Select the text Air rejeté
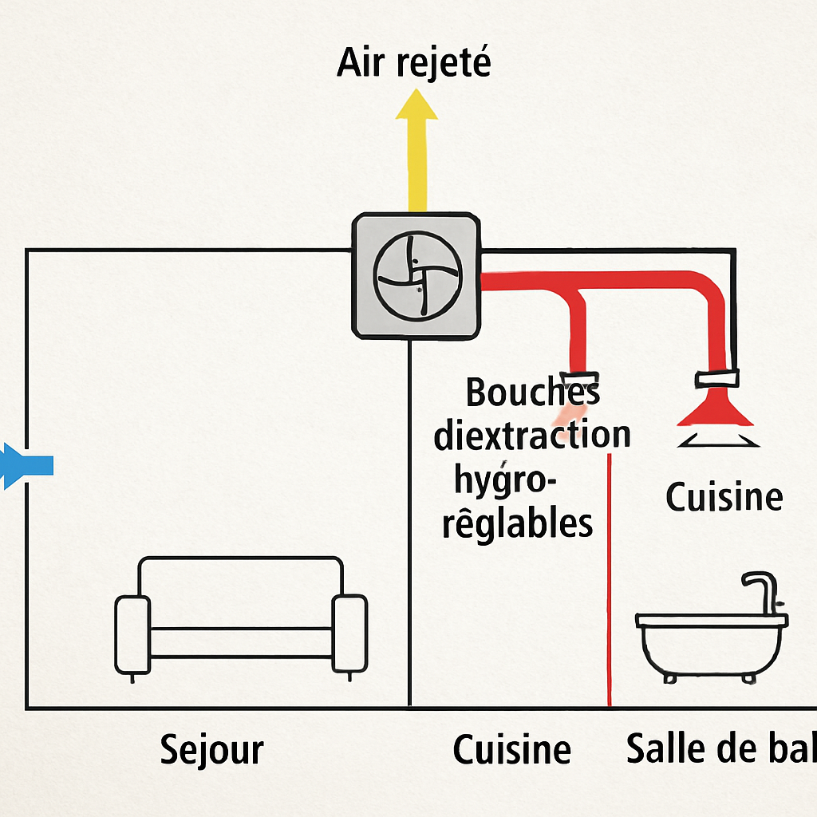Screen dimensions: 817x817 click(x=413, y=62)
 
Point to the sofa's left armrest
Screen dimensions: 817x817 click(x=132, y=633)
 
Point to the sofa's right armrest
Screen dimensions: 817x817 click(x=349, y=633)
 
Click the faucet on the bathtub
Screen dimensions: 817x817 click(x=763, y=590)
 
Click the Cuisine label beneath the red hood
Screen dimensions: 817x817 click(x=724, y=497)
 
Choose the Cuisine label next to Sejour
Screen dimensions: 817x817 click(x=511, y=750)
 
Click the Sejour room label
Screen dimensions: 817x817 click(x=211, y=750)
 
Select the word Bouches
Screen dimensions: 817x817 click(x=532, y=392)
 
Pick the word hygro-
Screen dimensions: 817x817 click(x=507, y=481)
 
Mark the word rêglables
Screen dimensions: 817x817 click(x=518, y=524)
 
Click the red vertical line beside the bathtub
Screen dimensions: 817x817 click(x=610, y=582)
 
